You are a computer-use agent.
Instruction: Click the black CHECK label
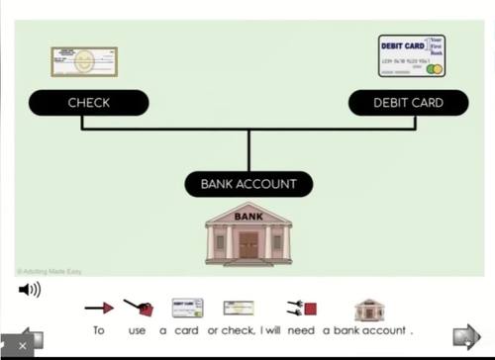pyautogui.click(x=88, y=103)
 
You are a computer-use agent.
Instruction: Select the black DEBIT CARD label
pyautogui.click(x=408, y=103)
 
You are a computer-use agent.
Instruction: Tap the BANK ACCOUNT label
pyautogui.click(x=248, y=184)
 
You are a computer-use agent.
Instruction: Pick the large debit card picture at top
pyautogui.click(x=411, y=55)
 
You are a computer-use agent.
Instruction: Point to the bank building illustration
pyautogui.click(x=248, y=233)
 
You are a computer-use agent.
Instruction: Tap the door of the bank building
pyautogui.click(x=248, y=244)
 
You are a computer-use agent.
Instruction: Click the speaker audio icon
pyautogui.click(x=30, y=290)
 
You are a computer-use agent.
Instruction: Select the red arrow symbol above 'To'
pyautogui.click(x=99, y=309)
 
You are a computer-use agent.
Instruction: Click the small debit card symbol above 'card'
pyautogui.click(x=187, y=309)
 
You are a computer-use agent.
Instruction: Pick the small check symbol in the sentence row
pyautogui.click(x=238, y=309)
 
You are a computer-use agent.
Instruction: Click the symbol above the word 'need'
pyautogui.click(x=301, y=309)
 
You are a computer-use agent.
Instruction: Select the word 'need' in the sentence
pyautogui.click(x=301, y=330)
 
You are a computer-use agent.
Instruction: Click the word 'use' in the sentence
pyautogui.click(x=138, y=330)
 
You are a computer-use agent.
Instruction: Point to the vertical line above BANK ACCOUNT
pyautogui.click(x=248, y=149)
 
